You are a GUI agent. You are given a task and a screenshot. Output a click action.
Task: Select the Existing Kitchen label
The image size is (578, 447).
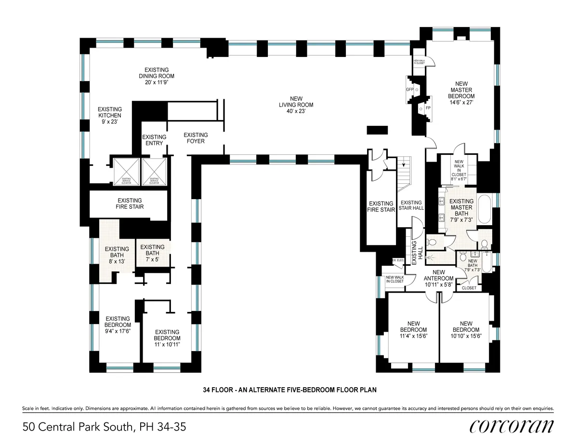(x=110, y=116)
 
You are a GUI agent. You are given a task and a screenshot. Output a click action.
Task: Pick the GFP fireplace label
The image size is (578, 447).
(x=410, y=90)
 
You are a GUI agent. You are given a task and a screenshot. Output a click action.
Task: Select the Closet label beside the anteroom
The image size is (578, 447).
(x=469, y=288)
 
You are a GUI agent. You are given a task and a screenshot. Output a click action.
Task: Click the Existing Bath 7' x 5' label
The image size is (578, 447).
(x=152, y=250)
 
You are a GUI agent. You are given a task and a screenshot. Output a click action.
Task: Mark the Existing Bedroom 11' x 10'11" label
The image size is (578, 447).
(x=167, y=335)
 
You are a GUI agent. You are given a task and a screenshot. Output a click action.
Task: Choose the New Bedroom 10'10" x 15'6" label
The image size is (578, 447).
(x=466, y=330)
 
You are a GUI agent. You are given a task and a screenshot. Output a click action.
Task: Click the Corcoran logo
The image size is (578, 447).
(x=511, y=426)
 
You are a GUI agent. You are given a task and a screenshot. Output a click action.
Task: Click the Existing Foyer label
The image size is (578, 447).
(x=196, y=138)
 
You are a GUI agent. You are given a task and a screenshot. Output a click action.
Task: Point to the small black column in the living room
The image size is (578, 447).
(x=377, y=130)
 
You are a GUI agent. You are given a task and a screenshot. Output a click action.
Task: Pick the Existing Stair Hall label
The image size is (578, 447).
(x=411, y=206)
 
